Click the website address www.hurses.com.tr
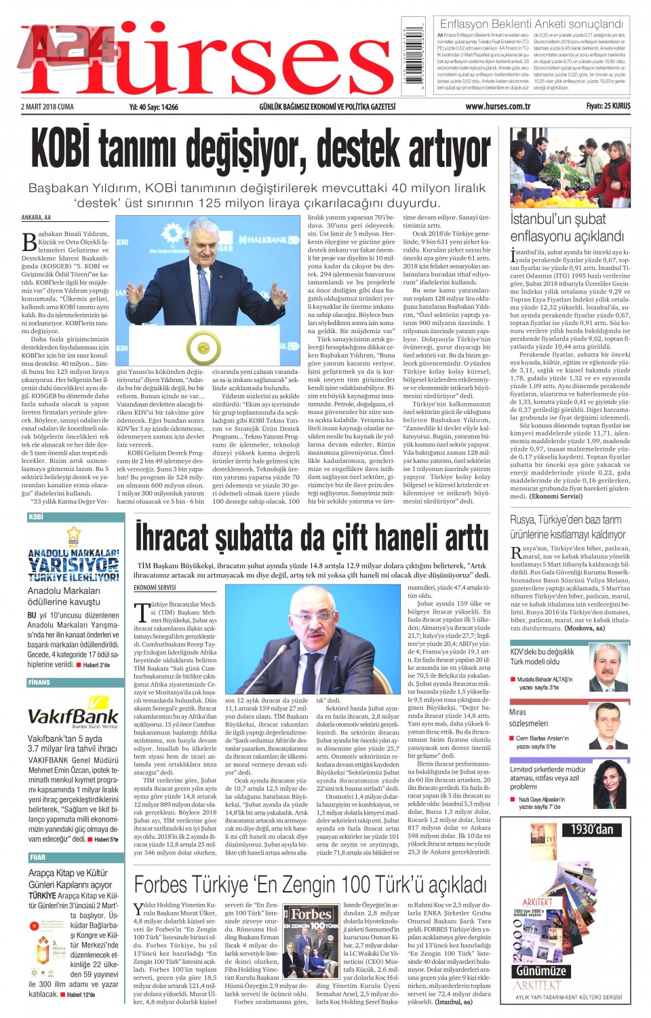[x=498, y=107]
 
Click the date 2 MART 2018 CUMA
[x=47, y=107]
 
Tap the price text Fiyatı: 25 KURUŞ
[x=608, y=107]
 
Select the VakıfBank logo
[x=73, y=716]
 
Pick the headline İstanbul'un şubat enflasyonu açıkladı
[x=566, y=227]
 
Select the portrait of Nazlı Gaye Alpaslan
[x=610, y=785]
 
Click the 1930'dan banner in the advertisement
[x=591, y=829]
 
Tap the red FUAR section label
[x=38, y=857]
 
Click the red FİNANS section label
[x=39, y=682]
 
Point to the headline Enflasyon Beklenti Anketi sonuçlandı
[x=532, y=24]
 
